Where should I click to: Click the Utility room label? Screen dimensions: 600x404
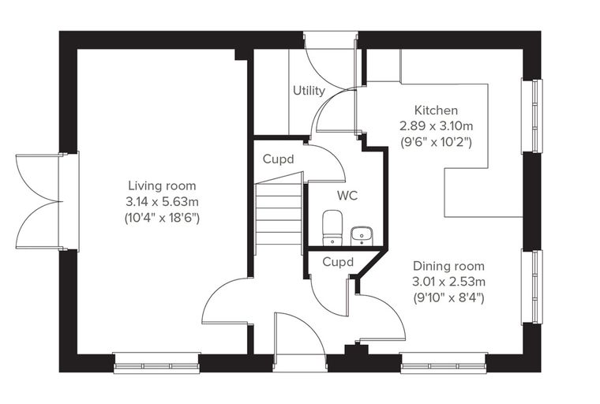(x=309, y=91)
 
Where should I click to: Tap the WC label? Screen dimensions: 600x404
(x=347, y=196)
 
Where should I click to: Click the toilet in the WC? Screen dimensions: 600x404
(x=332, y=227)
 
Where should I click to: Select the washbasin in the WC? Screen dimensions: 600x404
(x=362, y=236)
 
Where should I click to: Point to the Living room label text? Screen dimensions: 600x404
(x=162, y=186)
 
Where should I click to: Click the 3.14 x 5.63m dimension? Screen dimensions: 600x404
(x=162, y=201)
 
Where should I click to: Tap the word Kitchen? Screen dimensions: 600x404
(x=437, y=110)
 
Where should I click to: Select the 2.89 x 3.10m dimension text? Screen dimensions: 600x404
(x=437, y=126)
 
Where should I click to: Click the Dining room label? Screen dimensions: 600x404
(x=448, y=266)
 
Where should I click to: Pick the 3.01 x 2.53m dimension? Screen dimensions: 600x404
(x=448, y=282)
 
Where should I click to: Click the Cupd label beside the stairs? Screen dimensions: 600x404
(x=278, y=159)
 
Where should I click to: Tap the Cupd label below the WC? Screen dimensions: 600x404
(x=338, y=262)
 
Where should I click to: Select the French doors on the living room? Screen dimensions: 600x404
(x=38, y=202)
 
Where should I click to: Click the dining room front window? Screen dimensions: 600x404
(x=444, y=363)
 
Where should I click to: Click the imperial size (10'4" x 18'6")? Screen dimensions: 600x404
(x=162, y=218)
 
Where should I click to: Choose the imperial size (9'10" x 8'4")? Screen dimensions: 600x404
(x=448, y=297)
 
